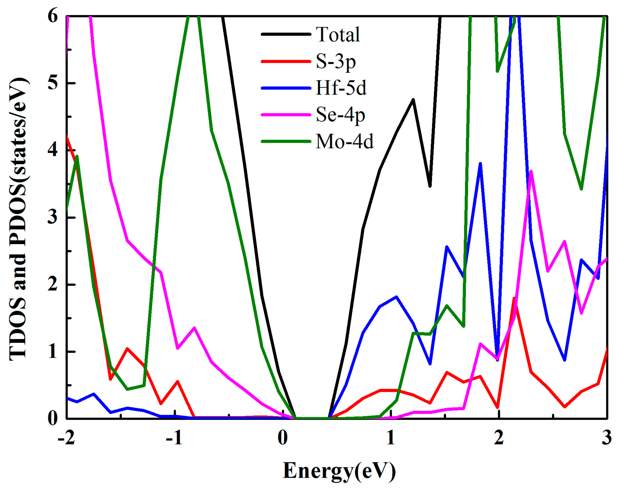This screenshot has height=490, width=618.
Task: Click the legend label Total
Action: tap(338, 35)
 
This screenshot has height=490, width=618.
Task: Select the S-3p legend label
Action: tap(336, 61)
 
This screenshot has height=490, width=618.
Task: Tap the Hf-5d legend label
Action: tap(341, 88)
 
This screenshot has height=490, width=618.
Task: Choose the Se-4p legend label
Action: tap(340, 115)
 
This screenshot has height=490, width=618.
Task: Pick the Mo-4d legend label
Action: tap(345, 142)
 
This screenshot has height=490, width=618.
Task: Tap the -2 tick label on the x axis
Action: tap(67, 439)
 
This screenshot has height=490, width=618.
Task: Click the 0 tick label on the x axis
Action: tap(283, 439)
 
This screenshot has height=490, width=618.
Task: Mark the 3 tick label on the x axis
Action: tap(606, 439)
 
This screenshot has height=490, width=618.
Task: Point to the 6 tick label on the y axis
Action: tap(53, 17)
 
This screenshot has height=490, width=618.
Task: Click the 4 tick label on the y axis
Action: tap(53, 150)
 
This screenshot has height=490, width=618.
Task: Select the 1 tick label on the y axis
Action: tap(53, 352)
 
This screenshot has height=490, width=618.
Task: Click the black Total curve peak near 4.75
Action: tap(413, 99)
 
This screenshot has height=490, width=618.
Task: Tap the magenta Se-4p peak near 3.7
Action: tap(531, 171)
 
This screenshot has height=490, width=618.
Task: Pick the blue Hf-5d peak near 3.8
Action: tap(480, 164)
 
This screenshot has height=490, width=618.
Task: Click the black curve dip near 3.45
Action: tap(430, 186)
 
